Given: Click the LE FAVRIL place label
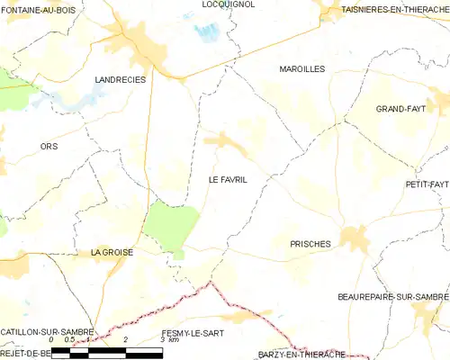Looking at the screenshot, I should point(228,180).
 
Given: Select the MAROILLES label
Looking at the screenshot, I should point(301,68).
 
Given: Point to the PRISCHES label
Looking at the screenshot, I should point(310,244).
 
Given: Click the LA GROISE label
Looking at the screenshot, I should point(112,253).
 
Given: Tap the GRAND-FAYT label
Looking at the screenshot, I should point(400,109).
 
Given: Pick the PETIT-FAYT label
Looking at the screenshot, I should point(427,184).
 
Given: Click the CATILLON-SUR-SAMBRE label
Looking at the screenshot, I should point(47,332).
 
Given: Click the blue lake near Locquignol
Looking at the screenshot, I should point(207,32).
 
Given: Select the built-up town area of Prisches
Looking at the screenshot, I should point(353,238).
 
